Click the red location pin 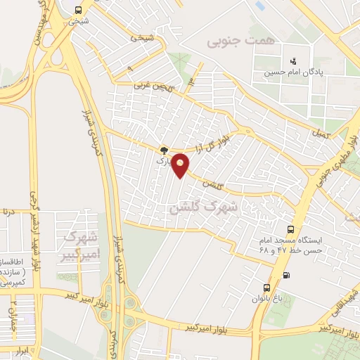point(181,165)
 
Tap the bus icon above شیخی point(77,10)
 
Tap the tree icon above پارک point(165,150)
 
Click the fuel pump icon point(285,274)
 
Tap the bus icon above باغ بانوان point(266,288)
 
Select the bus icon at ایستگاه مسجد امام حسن point(290,229)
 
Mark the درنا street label point(7,210)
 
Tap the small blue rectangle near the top point(260,6)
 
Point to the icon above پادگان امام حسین point(293,61)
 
